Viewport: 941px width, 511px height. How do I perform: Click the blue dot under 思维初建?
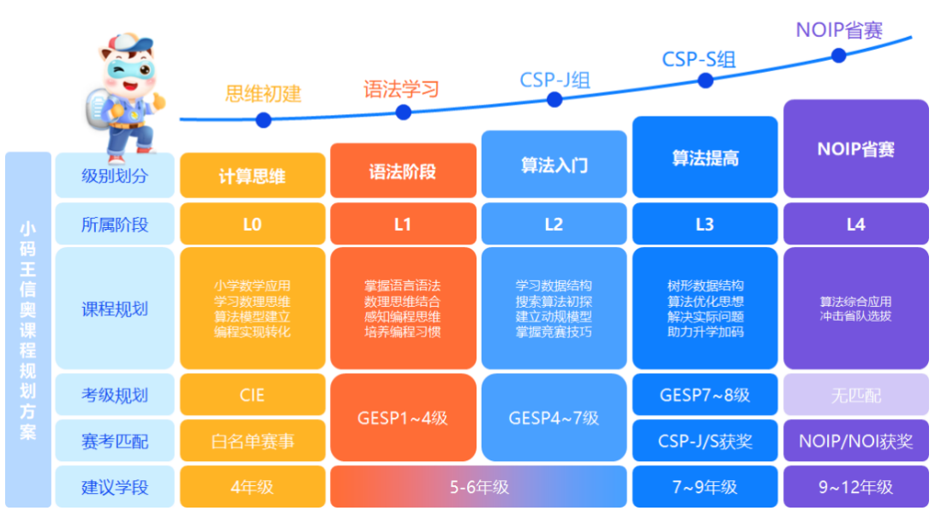263,120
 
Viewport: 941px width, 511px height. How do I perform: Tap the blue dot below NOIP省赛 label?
838,56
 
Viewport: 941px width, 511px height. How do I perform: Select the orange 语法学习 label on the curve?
401,89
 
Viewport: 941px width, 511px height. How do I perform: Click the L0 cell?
252,225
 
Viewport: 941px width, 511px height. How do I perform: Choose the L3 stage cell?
704,225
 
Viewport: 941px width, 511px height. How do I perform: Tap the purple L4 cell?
855,225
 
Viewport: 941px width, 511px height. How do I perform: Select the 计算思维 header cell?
252,177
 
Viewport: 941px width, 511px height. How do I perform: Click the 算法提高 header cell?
704,159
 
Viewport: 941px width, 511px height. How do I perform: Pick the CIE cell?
252,395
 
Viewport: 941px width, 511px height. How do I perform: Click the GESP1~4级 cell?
402,418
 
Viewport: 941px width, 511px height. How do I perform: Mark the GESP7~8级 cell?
704,395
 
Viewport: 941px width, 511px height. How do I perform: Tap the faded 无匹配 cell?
855,395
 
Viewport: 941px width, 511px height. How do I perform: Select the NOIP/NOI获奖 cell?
855,442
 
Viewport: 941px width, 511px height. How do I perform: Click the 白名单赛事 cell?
252,442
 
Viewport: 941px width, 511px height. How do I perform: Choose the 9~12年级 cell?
855,487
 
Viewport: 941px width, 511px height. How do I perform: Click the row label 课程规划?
114,309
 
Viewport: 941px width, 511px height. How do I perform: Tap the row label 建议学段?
114,487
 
